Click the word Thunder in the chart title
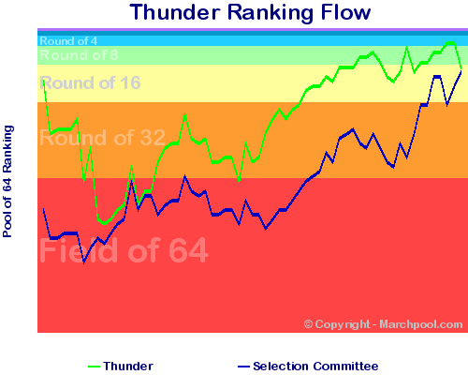(x=175, y=12)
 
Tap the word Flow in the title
(x=345, y=12)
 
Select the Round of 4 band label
(x=68, y=41)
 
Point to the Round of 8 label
(x=79, y=55)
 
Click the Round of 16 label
(x=90, y=82)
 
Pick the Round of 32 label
(x=102, y=138)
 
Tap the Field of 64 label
(x=124, y=250)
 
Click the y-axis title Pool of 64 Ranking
(x=7, y=181)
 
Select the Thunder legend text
(x=128, y=366)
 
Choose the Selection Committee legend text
(x=315, y=366)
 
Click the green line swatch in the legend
(x=94, y=367)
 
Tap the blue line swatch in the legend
(x=243, y=367)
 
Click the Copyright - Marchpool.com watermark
(x=383, y=324)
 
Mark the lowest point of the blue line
(x=83, y=262)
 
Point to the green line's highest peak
(x=450, y=43)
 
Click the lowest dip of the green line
(x=105, y=223)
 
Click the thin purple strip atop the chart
(x=253, y=30)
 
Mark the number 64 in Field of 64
(x=188, y=250)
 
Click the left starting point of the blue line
(x=44, y=209)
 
